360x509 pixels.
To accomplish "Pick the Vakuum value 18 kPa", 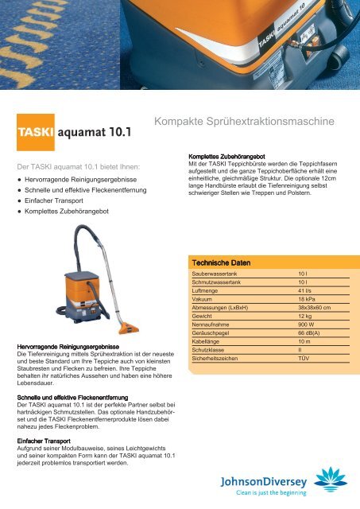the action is click(297, 298).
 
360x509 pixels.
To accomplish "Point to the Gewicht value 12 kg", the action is click(296, 316).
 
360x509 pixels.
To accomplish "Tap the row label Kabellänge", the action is click(210, 342).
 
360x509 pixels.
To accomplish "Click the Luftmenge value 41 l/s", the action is click(296, 289).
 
